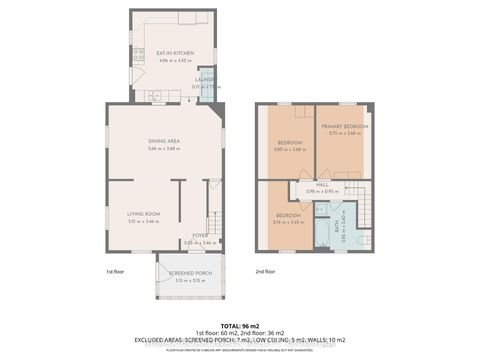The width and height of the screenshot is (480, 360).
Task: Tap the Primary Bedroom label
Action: click(345, 127)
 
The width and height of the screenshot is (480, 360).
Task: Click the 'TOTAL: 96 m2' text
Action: click(240, 325)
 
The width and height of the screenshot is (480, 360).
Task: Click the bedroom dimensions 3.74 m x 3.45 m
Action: click(289, 221)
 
